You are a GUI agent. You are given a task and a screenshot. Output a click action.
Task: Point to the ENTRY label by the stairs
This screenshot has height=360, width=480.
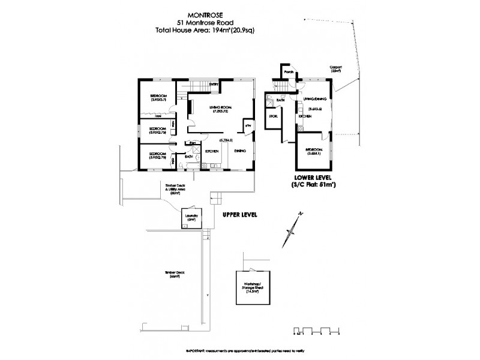[213, 85]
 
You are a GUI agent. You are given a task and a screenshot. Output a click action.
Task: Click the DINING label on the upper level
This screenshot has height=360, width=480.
[240, 151]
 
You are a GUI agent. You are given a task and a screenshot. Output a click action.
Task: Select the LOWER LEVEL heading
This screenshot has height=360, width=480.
[313, 178]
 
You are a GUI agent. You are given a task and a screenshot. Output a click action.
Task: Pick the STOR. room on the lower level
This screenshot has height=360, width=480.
[272, 116]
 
